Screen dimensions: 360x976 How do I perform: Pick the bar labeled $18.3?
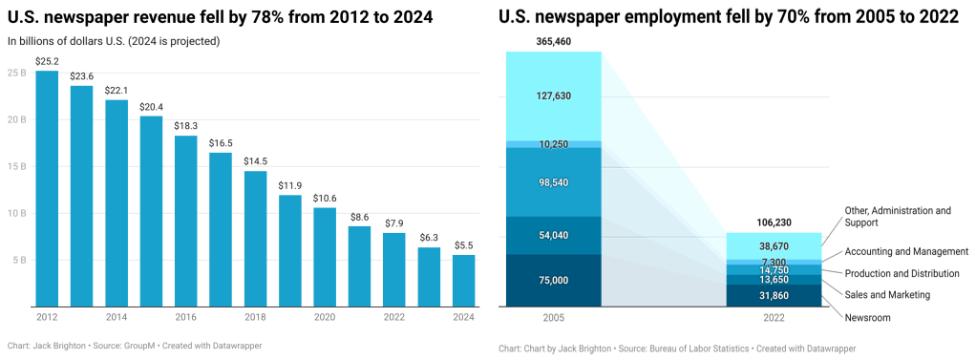point(186,220)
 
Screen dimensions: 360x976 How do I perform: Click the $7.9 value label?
point(394,222)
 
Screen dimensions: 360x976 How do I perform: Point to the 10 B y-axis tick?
point(15,212)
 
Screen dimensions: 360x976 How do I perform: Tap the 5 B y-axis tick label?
point(18,259)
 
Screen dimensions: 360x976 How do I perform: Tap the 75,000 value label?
point(554,280)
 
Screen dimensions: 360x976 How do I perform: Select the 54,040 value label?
point(554,235)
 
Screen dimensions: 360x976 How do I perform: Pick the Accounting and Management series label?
point(901,252)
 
